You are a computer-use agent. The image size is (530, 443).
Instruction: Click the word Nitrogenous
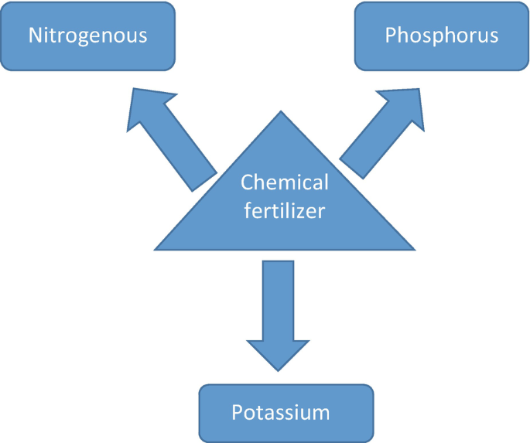tap(87, 36)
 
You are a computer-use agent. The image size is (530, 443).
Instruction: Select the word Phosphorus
tap(441, 36)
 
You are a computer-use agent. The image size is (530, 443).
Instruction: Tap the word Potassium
tap(281, 411)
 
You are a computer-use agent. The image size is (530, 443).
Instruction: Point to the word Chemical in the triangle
tap(285, 182)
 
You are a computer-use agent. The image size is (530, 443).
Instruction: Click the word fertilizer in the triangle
tap(284, 210)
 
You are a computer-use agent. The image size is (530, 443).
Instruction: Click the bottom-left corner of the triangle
tap(156, 250)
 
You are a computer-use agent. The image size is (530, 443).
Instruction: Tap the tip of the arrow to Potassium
tap(279, 373)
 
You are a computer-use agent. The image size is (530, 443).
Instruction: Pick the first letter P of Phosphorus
tap(391, 36)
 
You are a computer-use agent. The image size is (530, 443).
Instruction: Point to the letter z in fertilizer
tap(303, 210)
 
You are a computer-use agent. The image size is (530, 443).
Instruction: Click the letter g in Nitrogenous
tap(87, 38)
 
